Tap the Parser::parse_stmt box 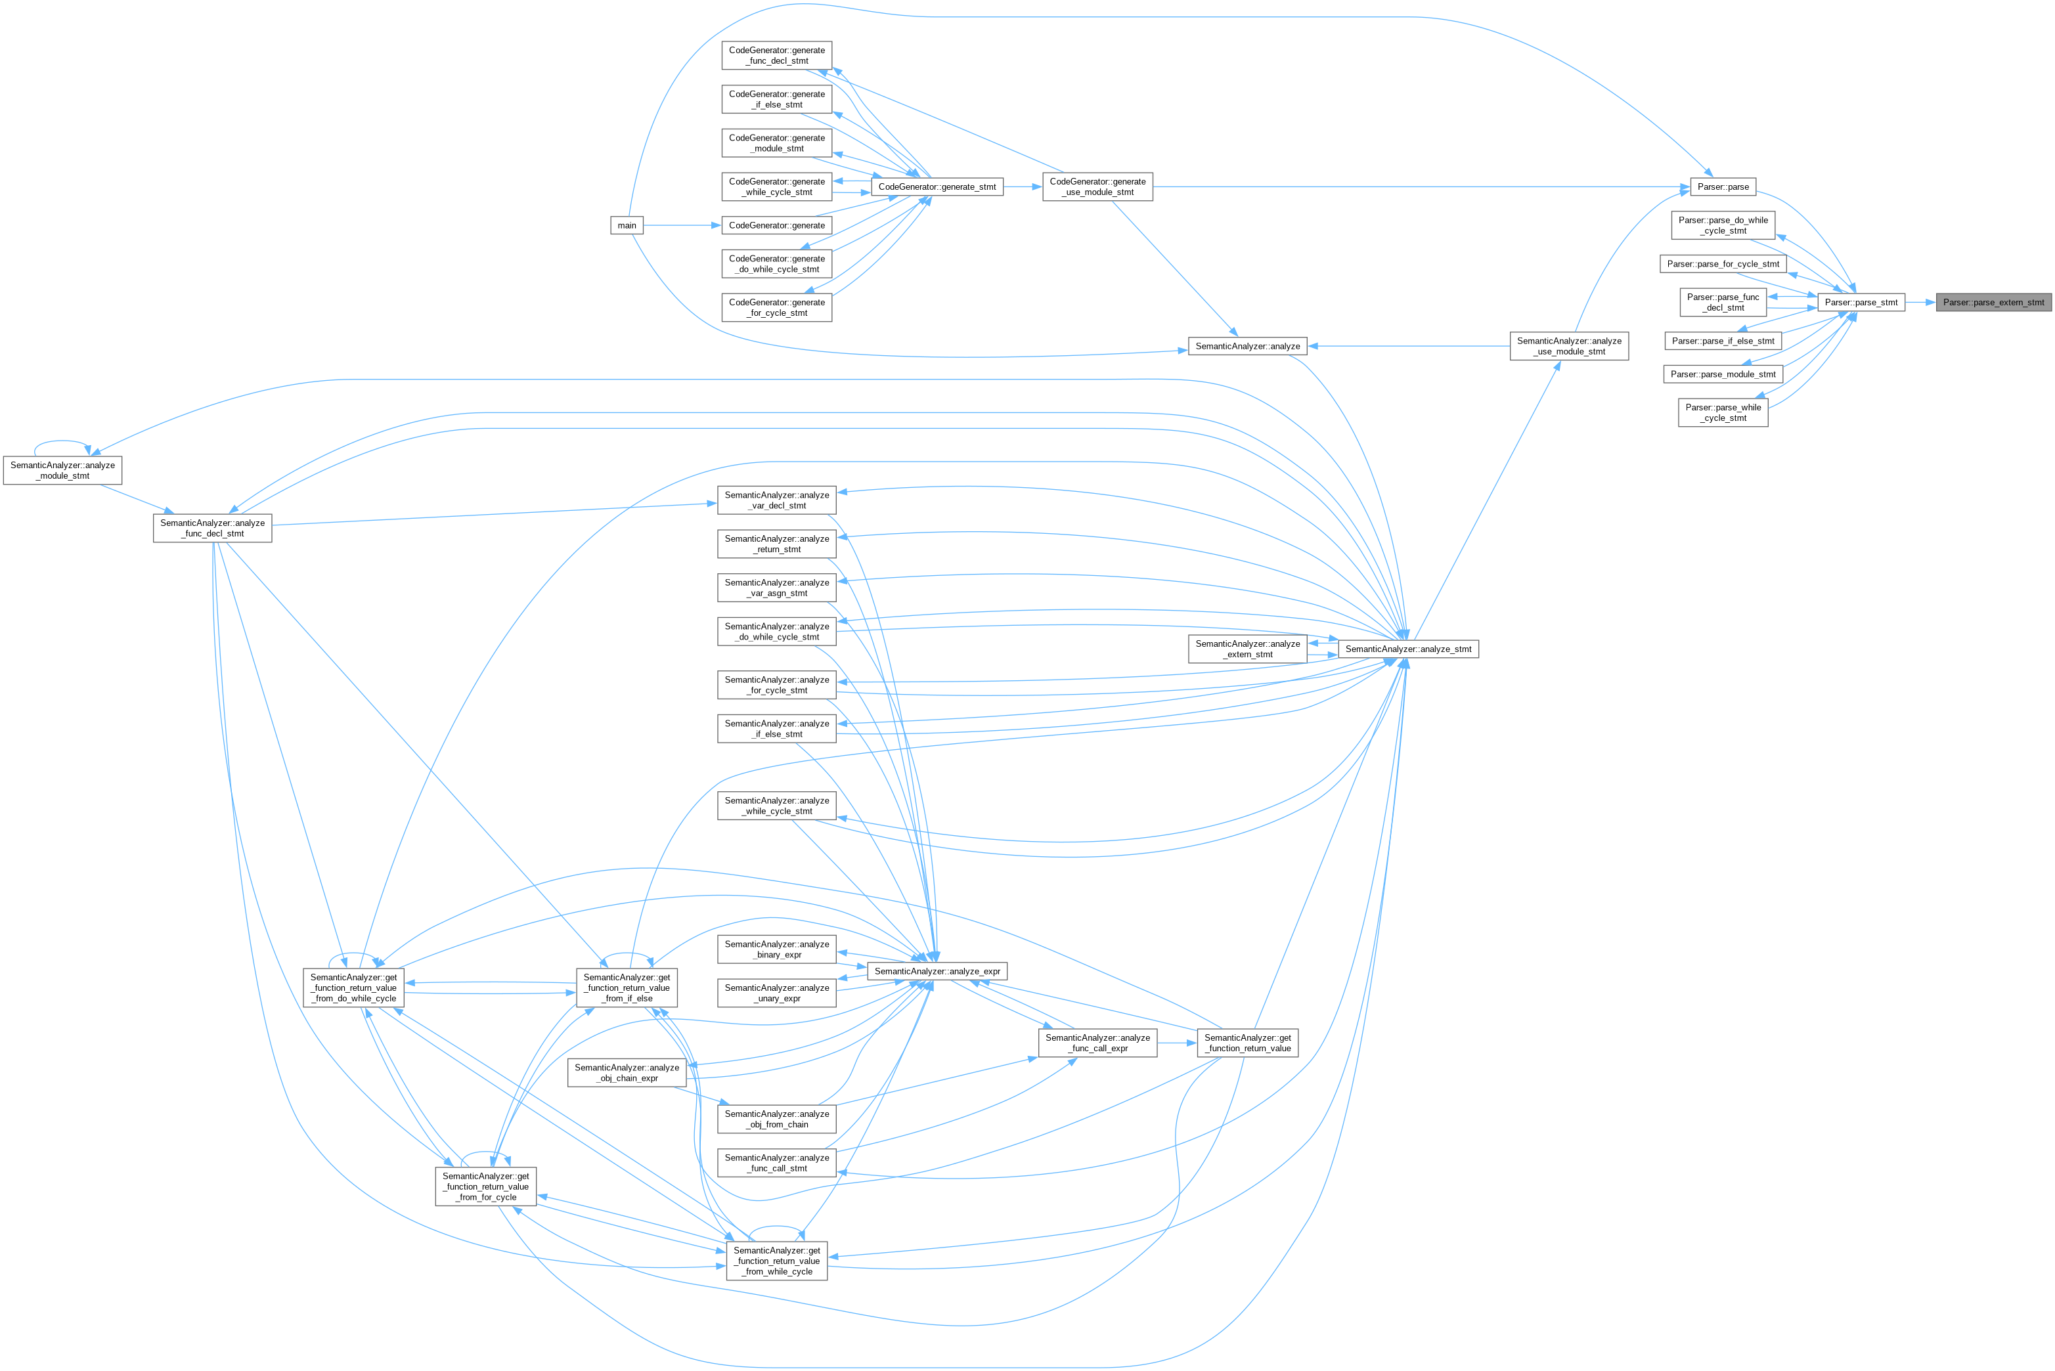click(x=1861, y=303)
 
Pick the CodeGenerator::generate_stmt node click(x=937, y=187)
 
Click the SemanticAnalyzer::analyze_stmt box click(x=1408, y=649)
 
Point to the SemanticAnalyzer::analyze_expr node click(x=937, y=971)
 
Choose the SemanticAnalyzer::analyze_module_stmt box click(x=63, y=470)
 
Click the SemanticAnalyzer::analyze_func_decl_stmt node click(x=213, y=528)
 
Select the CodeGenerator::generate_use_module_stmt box click(x=1097, y=187)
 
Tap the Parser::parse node click(x=1723, y=187)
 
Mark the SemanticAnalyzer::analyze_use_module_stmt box click(x=1569, y=346)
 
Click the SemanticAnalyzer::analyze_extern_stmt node click(x=1247, y=649)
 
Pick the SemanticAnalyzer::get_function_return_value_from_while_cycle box click(x=776, y=1261)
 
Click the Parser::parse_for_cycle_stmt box click(x=1723, y=264)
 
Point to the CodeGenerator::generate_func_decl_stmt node click(x=776, y=56)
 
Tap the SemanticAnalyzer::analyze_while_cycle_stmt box click(x=776, y=806)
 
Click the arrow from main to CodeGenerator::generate click(x=682, y=226)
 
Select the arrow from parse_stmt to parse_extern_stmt click(x=1920, y=303)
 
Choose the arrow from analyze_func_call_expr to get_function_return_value click(x=1177, y=1043)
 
